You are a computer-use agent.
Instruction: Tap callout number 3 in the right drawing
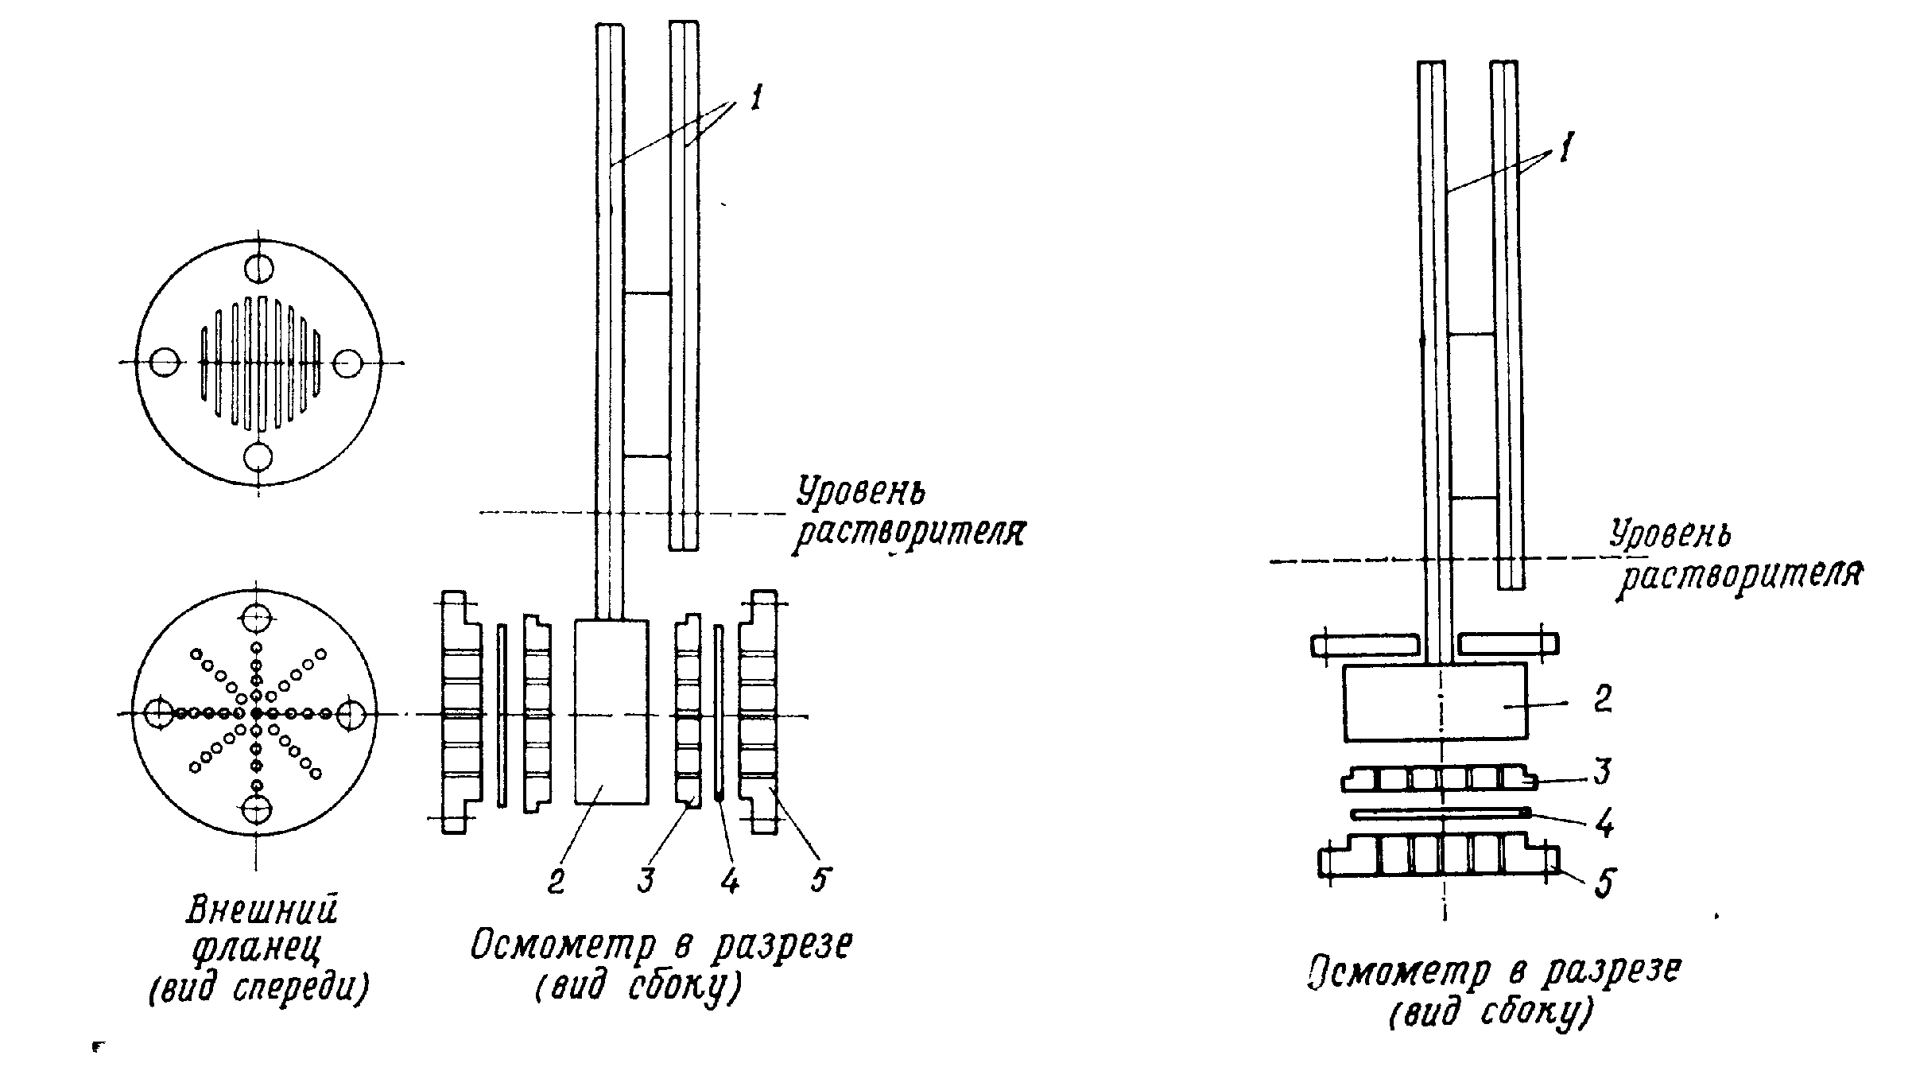click(x=1603, y=770)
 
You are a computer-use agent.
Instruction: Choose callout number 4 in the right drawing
click(x=1604, y=824)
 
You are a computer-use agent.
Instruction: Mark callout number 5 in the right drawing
click(x=1606, y=882)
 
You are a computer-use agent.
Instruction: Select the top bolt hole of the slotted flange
click(x=259, y=269)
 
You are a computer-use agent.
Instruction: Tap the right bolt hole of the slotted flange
click(x=347, y=363)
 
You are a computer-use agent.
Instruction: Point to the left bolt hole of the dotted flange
click(x=160, y=713)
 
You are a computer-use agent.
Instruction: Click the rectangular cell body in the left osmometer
click(x=611, y=712)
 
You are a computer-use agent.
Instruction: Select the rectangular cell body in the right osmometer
click(x=1435, y=702)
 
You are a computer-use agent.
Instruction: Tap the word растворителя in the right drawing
click(x=1741, y=575)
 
